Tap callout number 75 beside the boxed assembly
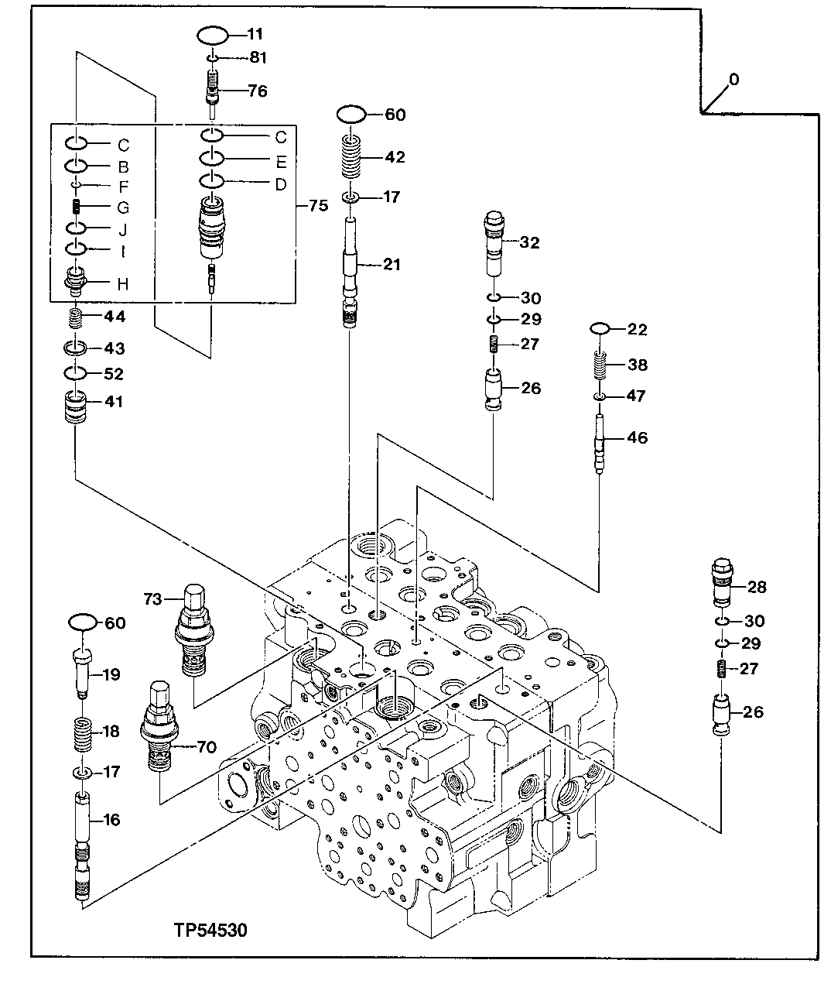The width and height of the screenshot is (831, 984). tap(318, 206)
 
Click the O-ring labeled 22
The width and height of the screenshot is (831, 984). tap(601, 330)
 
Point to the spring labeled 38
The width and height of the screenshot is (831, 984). tap(602, 365)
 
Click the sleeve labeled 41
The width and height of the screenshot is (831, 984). tap(75, 406)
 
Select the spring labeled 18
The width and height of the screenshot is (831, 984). tap(83, 732)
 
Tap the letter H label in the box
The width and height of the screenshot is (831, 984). tap(122, 285)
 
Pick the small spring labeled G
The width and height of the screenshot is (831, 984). tap(77, 207)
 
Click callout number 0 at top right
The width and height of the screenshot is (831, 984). tap(734, 80)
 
